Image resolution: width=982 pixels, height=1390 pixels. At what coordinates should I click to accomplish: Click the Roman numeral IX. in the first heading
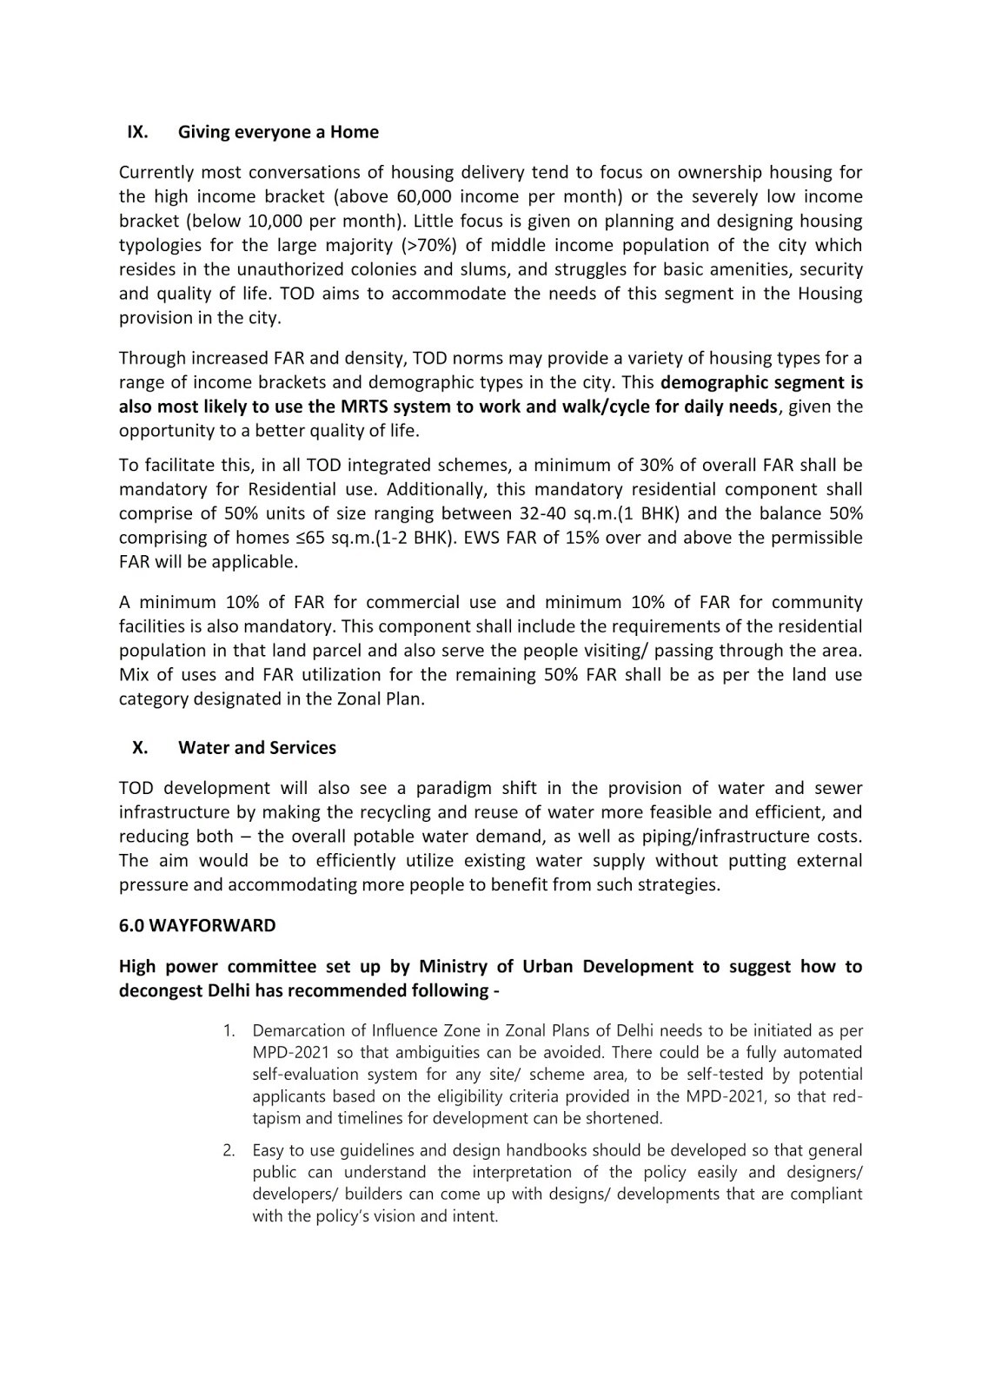point(137,132)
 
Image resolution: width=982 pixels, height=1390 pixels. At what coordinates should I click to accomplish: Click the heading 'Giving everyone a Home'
point(278,132)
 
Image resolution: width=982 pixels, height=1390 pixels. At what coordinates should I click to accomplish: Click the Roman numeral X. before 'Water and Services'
point(140,748)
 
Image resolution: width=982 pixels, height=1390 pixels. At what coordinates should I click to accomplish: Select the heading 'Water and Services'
point(257,748)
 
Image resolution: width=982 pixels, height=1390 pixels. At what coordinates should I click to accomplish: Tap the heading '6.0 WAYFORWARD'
point(197,926)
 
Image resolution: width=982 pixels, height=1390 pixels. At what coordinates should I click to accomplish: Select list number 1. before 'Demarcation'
point(229,1031)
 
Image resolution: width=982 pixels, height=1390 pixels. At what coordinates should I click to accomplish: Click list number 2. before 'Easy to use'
point(229,1151)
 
